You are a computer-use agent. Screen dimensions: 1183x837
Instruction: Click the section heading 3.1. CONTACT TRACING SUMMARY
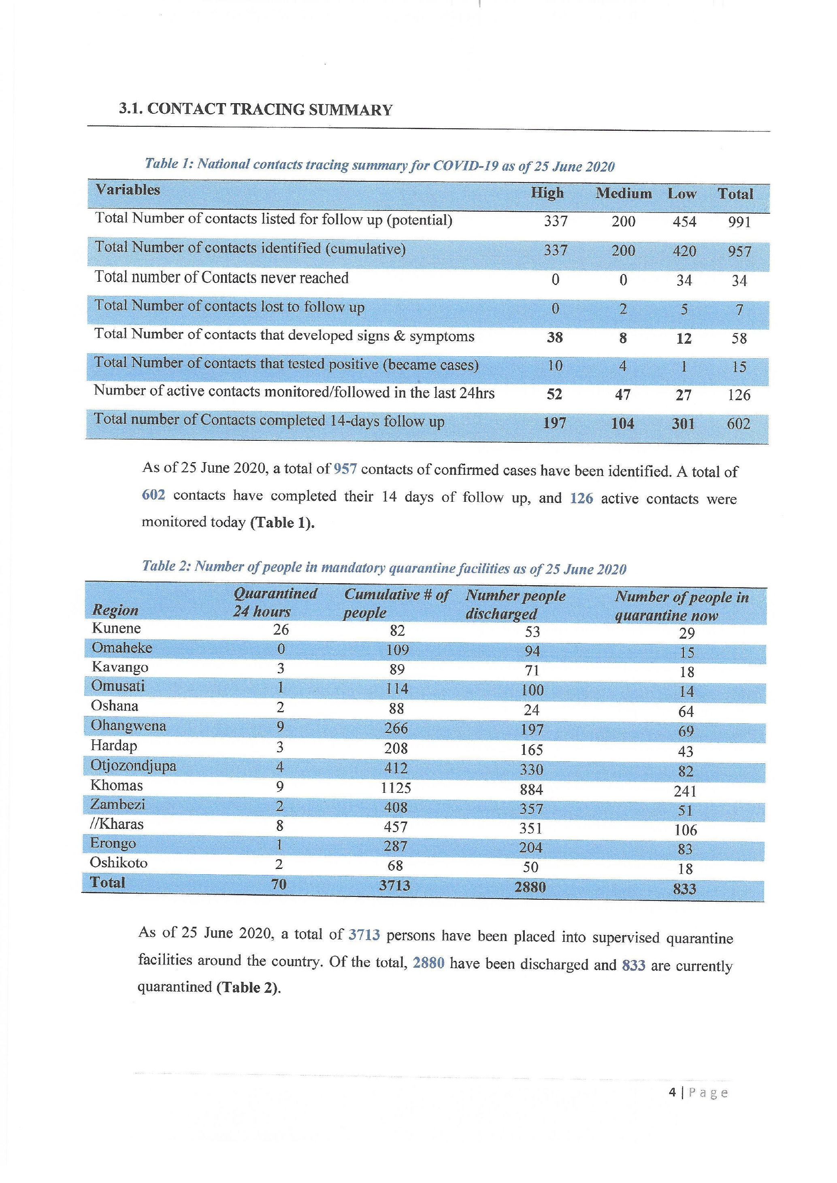[256, 109]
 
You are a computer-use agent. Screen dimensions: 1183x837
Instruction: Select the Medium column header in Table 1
[624, 194]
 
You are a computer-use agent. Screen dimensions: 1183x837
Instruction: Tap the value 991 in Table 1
[739, 222]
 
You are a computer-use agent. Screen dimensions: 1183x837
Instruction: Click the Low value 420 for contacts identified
[684, 251]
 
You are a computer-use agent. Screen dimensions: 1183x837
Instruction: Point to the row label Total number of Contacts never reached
[221, 278]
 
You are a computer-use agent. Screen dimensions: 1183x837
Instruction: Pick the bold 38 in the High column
[555, 338]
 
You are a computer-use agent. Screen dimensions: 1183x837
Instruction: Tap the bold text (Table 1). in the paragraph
[282, 522]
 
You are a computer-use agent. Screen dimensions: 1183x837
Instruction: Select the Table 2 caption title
[384, 568]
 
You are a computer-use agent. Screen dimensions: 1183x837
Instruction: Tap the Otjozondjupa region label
[134, 766]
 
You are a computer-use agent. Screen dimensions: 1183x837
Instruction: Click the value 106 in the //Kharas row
[685, 830]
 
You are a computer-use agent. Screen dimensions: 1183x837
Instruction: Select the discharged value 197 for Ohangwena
[532, 730]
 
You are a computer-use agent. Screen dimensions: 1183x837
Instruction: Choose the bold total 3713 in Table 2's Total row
[395, 885]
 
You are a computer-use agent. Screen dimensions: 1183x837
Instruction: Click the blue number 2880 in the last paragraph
[428, 962]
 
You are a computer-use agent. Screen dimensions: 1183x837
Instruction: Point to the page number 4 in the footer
[672, 1092]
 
